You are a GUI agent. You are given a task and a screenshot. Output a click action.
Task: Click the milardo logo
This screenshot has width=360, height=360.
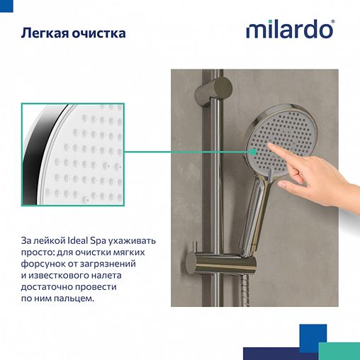pos(290,30)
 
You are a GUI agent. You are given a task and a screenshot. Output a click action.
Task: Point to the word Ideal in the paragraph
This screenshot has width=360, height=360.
pos(104,241)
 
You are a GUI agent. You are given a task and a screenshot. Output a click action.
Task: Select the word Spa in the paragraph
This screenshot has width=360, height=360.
pos(126,241)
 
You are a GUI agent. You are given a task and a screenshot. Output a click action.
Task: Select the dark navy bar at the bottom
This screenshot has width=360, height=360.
pos(279,353)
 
